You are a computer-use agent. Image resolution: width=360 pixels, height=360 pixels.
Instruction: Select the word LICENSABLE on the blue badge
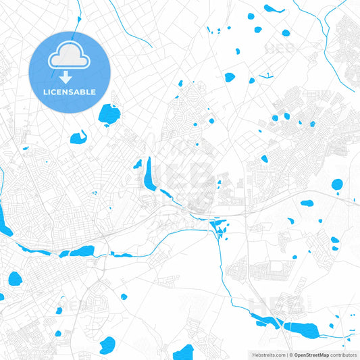click(69, 92)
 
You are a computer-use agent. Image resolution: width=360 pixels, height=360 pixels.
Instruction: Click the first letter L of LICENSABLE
click(44, 92)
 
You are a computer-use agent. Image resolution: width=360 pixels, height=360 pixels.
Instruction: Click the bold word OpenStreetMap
click(311, 355)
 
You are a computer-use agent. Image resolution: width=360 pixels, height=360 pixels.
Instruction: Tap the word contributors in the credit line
click(343, 355)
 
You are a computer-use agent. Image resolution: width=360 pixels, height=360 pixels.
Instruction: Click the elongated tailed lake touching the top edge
click(273, 9)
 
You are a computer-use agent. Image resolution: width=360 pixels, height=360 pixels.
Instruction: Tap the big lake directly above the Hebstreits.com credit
click(305, 329)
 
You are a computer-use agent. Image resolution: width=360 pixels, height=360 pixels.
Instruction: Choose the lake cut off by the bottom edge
click(183, 353)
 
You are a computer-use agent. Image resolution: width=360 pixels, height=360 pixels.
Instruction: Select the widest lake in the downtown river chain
click(82, 251)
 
